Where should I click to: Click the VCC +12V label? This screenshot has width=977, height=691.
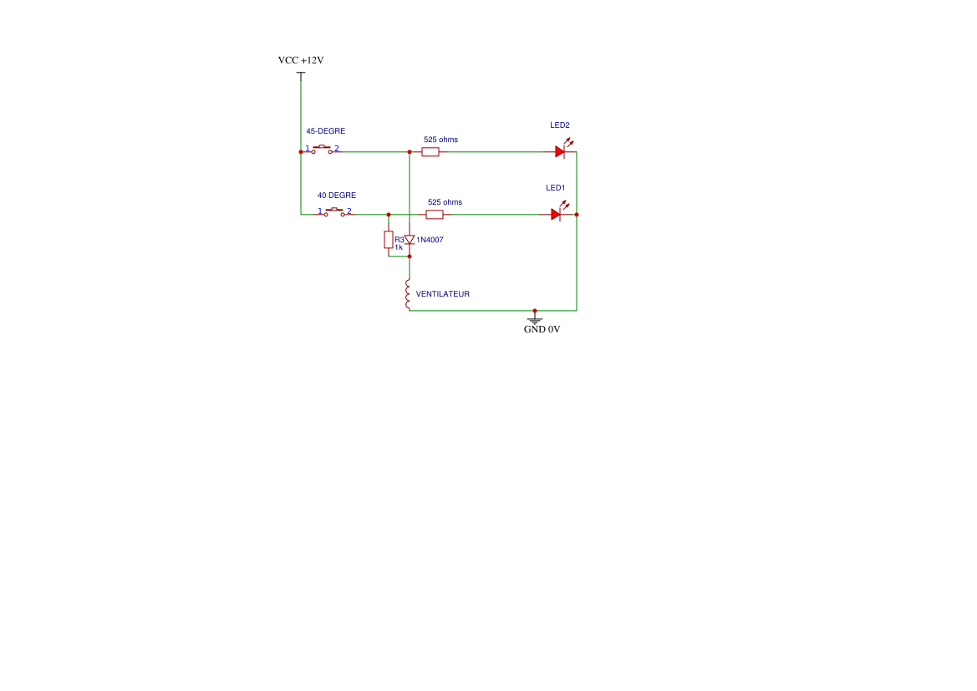(301, 60)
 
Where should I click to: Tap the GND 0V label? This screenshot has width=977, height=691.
(542, 329)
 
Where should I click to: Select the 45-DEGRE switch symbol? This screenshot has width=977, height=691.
(322, 150)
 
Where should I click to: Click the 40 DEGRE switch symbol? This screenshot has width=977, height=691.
(334, 211)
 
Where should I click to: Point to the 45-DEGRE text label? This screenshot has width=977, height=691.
(325, 131)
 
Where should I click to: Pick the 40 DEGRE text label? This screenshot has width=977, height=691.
(336, 196)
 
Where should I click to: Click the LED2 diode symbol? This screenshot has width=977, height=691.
(560, 151)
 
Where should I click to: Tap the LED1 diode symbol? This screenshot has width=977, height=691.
(556, 214)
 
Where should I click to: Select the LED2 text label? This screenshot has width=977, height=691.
(559, 125)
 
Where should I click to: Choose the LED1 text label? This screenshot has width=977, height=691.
(556, 188)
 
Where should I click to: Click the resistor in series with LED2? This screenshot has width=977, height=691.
(430, 152)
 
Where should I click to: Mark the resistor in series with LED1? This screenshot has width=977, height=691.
(435, 215)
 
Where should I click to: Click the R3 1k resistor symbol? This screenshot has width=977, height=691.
(389, 240)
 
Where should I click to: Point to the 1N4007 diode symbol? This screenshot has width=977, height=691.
(410, 240)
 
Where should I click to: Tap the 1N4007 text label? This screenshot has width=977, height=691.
(430, 240)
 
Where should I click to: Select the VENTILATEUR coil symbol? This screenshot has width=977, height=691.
(409, 295)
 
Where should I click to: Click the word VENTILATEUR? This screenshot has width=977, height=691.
(442, 294)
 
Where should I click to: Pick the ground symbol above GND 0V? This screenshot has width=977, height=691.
(535, 318)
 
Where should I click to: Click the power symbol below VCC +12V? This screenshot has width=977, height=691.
(301, 74)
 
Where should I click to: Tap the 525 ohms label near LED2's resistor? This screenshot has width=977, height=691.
(440, 140)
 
